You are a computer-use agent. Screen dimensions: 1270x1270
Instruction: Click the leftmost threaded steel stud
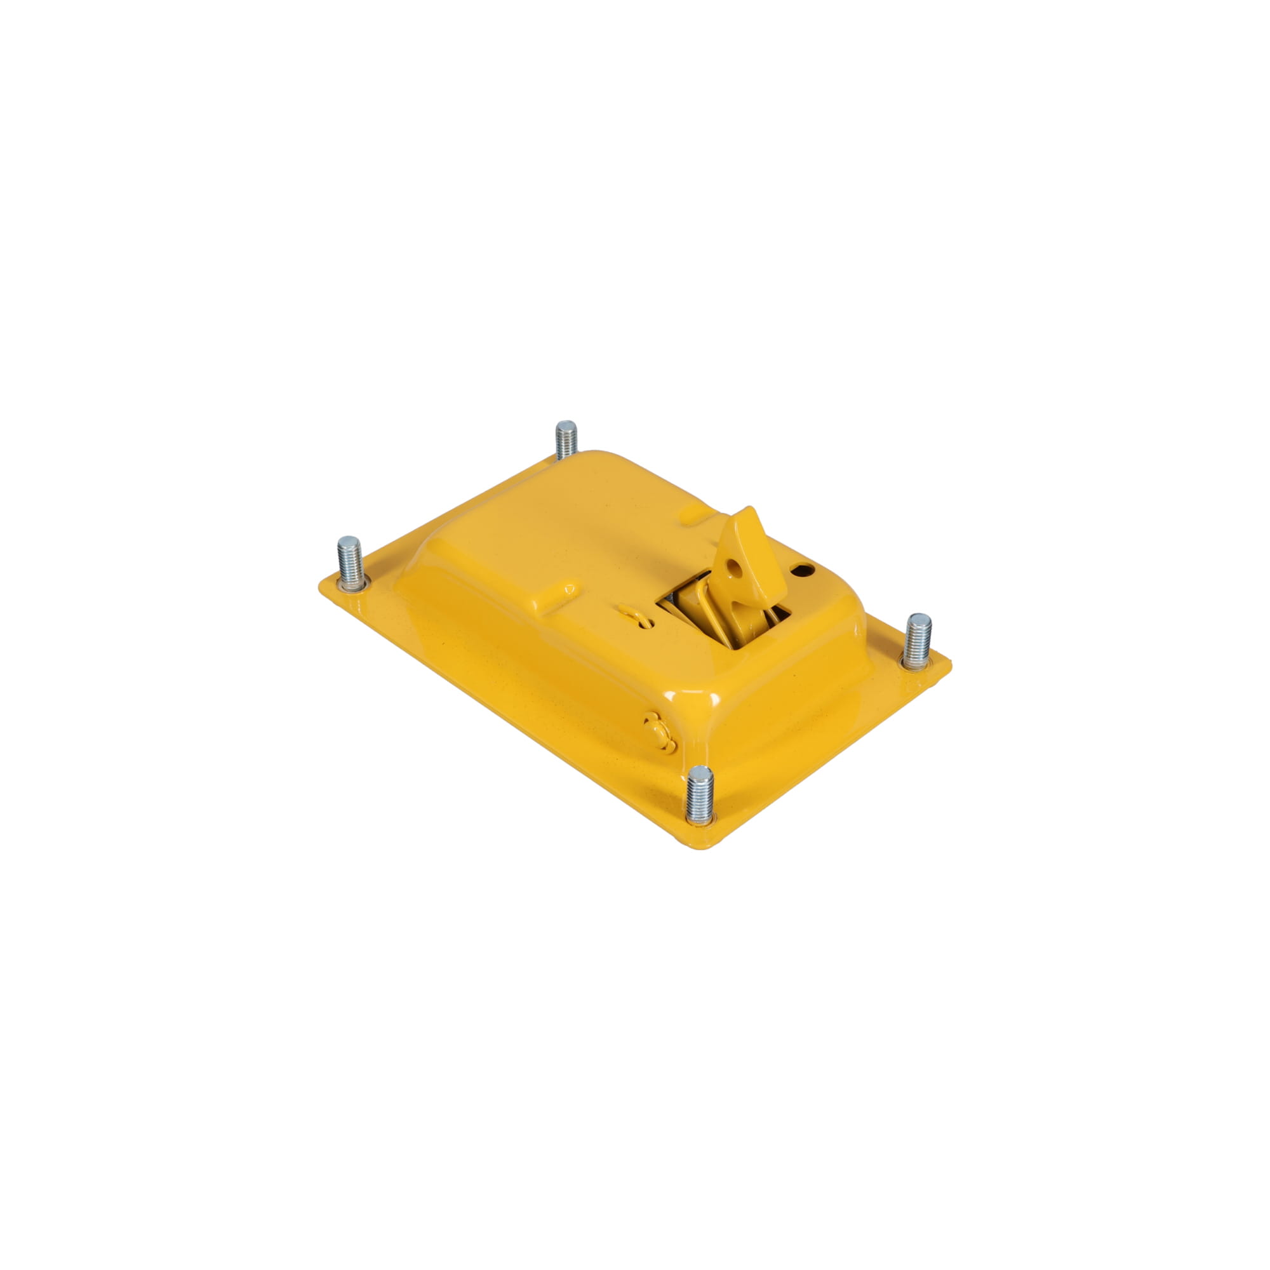[351, 563]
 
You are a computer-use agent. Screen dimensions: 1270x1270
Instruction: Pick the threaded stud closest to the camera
[699, 794]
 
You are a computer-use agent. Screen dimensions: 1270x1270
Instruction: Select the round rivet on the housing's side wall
[657, 729]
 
